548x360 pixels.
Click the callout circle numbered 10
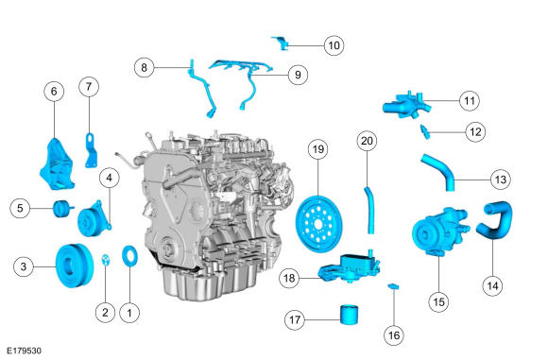[x=334, y=45]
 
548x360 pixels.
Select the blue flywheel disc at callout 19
[x=318, y=224]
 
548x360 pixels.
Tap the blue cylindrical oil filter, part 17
[x=350, y=315]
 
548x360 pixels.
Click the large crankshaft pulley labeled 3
[x=75, y=266]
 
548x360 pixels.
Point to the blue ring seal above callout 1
[x=129, y=256]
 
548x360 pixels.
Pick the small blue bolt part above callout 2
[x=105, y=260]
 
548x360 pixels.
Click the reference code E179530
[x=25, y=351]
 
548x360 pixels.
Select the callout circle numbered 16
[x=394, y=335]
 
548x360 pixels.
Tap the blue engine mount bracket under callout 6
[x=57, y=163]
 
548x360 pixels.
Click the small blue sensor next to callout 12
[x=425, y=131]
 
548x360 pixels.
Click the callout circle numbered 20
[x=367, y=141]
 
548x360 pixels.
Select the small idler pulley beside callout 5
[x=60, y=209]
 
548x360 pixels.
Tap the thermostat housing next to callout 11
[x=406, y=105]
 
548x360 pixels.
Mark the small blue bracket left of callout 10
[x=281, y=43]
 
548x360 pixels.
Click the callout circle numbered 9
[x=298, y=75]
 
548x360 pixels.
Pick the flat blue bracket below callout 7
[x=92, y=151]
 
